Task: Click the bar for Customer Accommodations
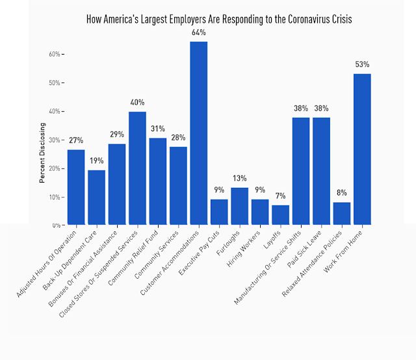pos(199,133)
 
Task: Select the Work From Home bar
pos(362,149)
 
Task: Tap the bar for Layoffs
pos(281,215)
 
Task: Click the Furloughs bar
pos(240,206)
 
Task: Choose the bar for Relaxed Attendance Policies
pos(342,214)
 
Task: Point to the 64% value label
pos(199,32)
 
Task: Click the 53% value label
pos(362,64)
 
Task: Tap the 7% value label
pos(281,196)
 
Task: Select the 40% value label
pos(137,103)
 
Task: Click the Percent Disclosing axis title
pos(42,153)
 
